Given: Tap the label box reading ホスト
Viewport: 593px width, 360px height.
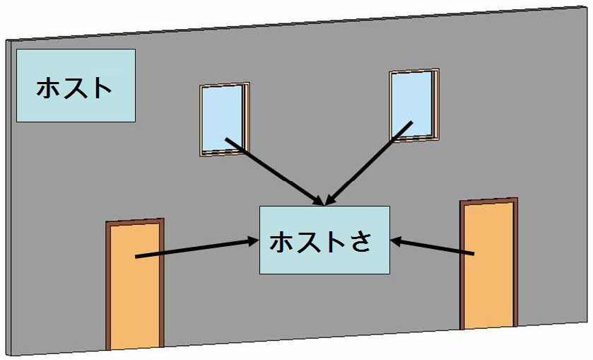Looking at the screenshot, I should pyautogui.click(x=75, y=85).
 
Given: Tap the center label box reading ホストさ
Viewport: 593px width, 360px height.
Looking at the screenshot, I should pyautogui.click(x=324, y=240).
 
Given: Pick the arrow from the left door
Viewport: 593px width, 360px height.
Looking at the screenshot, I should pyautogui.click(x=194, y=248).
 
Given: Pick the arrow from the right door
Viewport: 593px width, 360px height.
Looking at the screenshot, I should pyautogui.click(x=435, y=247).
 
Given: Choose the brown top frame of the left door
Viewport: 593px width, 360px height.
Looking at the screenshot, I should pyautogui.click(x=135, y=223).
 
